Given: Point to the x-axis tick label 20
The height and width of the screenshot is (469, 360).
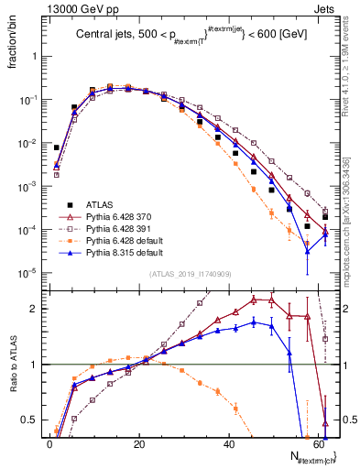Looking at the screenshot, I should [x=140, y=444].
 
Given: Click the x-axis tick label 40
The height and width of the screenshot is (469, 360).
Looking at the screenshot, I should [x=230, y=444].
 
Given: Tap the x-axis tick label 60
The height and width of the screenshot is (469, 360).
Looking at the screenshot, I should [x=319, y=444].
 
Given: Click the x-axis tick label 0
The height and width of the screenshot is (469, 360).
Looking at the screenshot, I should [x=50, y=444].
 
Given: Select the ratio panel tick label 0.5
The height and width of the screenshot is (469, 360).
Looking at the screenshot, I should [x=30, y=420].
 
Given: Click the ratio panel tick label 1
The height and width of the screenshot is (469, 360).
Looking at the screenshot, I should [x=35, y=365].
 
